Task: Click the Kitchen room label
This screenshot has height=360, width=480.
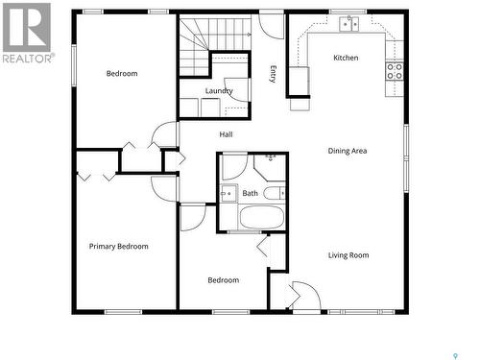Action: pyautogui.click(x=346, y=58)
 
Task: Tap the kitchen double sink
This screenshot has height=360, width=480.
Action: pyautogui.click(x=348, y=23)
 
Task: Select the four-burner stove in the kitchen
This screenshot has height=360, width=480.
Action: pyautogui.click(x=395, y=71)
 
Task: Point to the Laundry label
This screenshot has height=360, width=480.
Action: pyautogui.click(x=219, y=91)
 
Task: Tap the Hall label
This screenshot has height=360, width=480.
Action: pyautogui.click(x=226, y=134)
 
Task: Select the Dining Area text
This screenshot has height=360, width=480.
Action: pyautogui.click(x=348, y=151)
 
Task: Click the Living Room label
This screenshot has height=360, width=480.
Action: pyautogui.click(x=348, y=255)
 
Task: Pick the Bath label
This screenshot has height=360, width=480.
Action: pyautogui.click(x=250, y=193)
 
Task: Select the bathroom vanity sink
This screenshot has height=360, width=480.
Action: pyautogui.click(x=228, y=193)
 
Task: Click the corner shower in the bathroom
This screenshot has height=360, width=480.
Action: pyautogui.click(x=270, y=164)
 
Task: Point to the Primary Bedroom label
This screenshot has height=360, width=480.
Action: pyautogui.click(x=119, y=247)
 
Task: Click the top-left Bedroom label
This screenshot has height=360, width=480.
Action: pyautogui.click(x=122, y=74)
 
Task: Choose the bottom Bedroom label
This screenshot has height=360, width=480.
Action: pyautogui.click(x=224, y=280)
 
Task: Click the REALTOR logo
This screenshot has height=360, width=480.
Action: pyautogui.click(x=26, y=33)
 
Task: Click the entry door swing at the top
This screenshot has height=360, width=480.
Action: pyautogui.click(x=272, y=25)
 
